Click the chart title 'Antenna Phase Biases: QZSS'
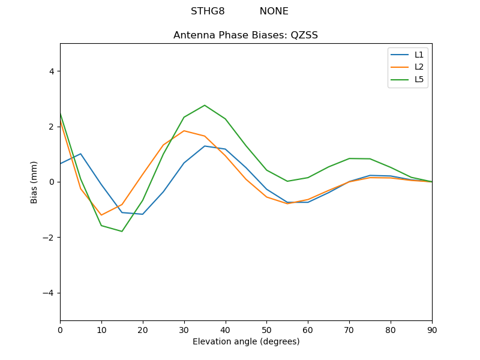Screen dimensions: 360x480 [x=245, y=35]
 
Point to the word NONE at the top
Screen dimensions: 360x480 [x=274, y=11]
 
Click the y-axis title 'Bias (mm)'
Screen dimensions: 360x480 [x=34, y=182]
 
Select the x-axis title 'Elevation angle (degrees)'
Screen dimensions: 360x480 [x=245, y=342]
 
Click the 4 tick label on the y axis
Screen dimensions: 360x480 [x=51, y=71]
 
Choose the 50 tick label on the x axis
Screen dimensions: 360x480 [x=266, y=329]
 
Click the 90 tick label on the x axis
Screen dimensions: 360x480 [x=432, y=329]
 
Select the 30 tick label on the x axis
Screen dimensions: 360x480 [x=184, y=329]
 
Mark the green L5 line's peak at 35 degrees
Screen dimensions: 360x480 [x=205, y=105]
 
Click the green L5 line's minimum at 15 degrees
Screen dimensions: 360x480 [x=122, y=232]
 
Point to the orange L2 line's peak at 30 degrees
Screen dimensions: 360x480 [x=184, y=131]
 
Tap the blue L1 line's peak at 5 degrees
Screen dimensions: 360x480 [x=80, y=154]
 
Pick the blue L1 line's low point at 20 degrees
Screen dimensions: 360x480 [x=143, y=214]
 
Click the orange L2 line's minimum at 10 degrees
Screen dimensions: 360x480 [x=101, y=215]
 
